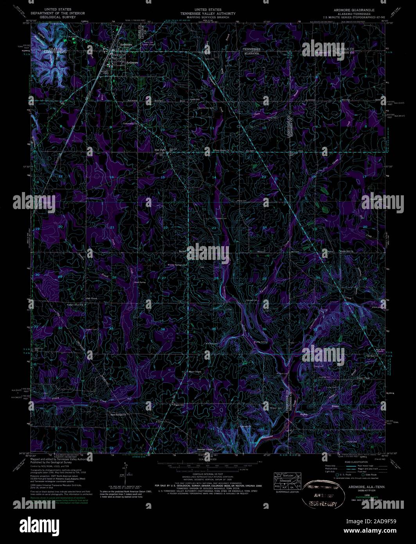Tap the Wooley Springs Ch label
pos(176,265)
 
